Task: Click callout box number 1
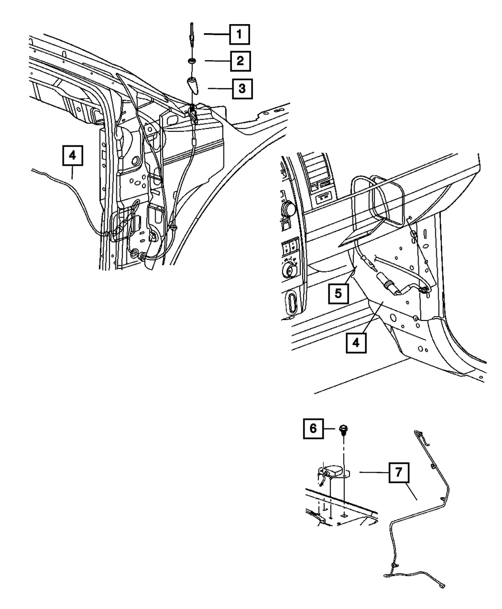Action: point(239,35)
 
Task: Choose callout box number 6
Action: point(313,428)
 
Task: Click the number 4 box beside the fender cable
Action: point(72,156)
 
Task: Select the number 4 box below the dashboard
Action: point(355,343)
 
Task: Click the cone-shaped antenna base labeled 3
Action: point(192,85)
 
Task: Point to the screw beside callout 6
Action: point(344,429)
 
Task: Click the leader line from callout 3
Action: point(219,89)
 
